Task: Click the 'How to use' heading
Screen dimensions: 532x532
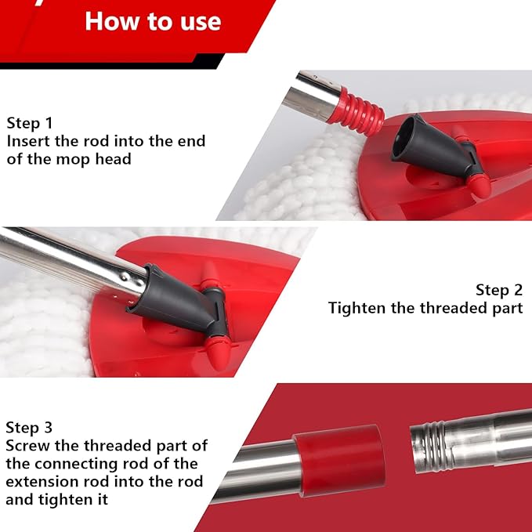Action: click(x=154, y=20)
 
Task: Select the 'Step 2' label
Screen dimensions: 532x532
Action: click(x=498, y=289)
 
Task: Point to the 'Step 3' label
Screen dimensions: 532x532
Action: click(x=29, y=427)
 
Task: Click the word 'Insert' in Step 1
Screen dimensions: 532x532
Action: click(x=29, y=141)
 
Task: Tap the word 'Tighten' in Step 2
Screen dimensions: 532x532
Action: click(x=357, y=307)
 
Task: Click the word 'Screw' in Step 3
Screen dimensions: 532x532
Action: click(x=27, y=445)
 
